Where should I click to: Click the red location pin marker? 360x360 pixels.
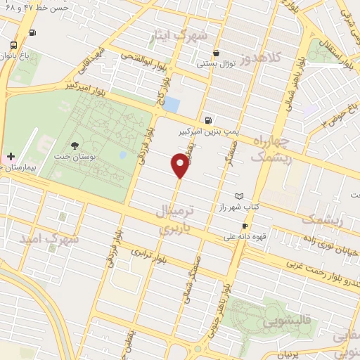(x=180, y=165)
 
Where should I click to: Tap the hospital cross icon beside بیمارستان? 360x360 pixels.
(x=10, y=155)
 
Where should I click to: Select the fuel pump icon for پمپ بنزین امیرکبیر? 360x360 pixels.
(x=208, y=120)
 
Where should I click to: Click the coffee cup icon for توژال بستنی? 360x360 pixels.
(x=217, y=53)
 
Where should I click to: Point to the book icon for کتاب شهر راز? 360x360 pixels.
(x=240, y=196)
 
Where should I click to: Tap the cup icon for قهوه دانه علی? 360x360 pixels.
(x=245, y=226)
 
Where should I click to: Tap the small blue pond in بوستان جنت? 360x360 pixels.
(x=123, y=155)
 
